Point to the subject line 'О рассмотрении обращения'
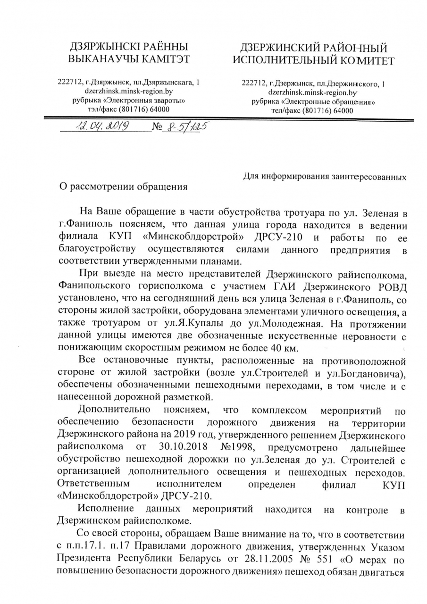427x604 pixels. tap(122, 186)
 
